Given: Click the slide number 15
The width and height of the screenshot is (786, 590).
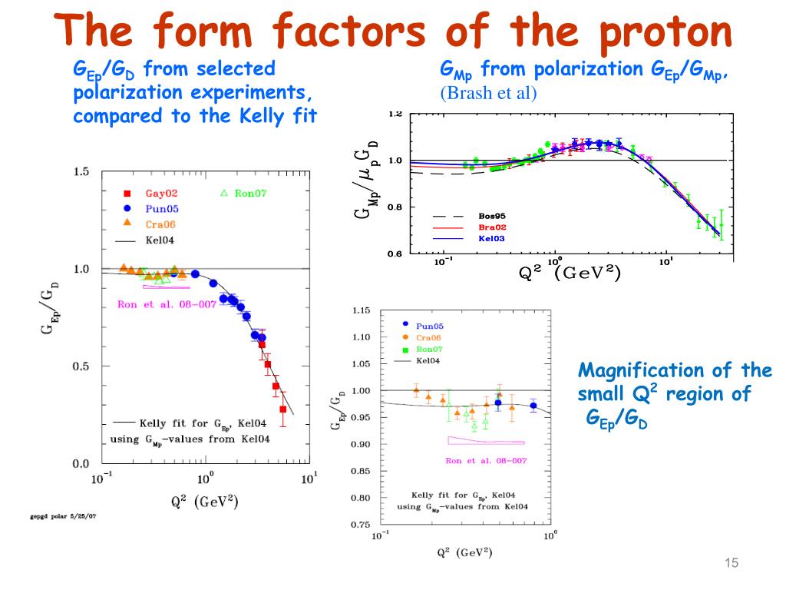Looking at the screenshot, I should pos(731,565).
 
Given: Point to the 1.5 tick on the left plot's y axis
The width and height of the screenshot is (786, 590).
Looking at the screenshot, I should pos(81,172).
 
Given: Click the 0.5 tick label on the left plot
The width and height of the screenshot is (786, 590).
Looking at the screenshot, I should pos(81,366).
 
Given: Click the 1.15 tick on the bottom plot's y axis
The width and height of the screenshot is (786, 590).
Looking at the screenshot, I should pos(361,310).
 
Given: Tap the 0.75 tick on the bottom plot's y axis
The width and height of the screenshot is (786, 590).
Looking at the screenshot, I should pos(361,525).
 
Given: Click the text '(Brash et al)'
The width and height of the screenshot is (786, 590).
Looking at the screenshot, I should pos(489,94).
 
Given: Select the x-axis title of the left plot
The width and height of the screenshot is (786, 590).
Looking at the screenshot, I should pos(204,503).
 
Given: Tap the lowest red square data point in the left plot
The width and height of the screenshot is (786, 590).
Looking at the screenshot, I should pos(283,409).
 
